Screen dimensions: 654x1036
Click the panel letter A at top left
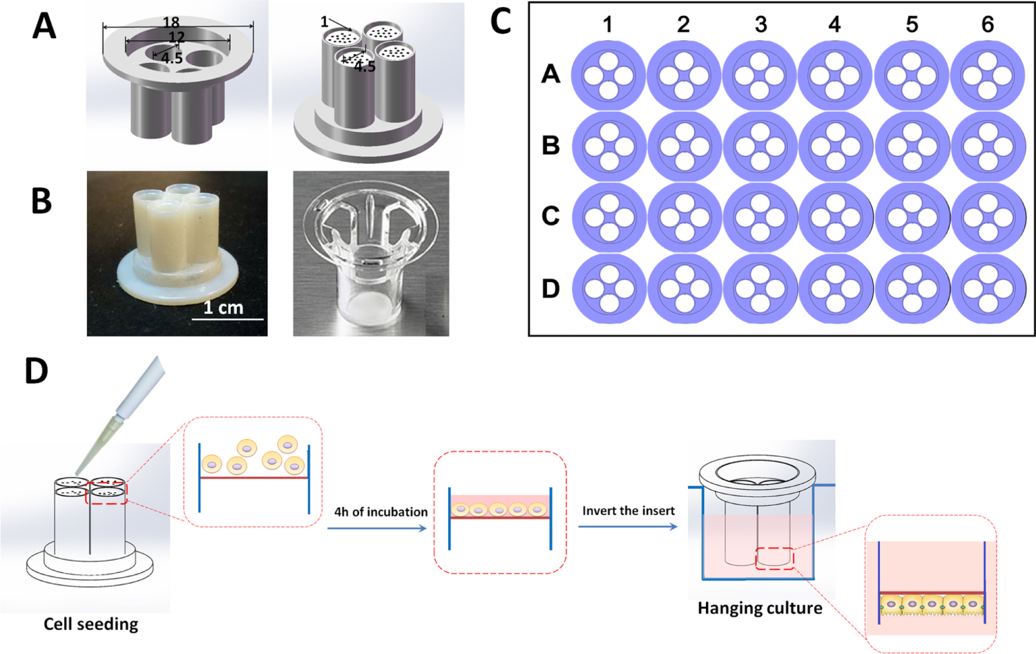point(44,26)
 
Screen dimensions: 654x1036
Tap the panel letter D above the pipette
point(36,371)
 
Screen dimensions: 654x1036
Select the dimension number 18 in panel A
point(171,23)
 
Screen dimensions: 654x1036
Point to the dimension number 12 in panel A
point(176,37)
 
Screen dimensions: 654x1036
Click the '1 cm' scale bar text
point(223,308)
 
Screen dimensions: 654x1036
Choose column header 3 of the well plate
point(760,25)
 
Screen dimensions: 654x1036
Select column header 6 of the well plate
point(988,25)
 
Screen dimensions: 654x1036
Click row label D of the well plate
point(550,288)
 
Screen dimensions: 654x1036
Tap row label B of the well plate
point(550,146)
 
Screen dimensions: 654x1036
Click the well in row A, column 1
point(608,75)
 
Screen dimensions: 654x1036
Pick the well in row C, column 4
point(836,217)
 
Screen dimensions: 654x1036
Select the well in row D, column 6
point(988,289)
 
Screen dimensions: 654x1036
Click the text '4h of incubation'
point(381,512)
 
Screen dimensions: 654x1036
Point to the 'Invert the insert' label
point(629,511)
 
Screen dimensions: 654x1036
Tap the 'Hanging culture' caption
point(760,608)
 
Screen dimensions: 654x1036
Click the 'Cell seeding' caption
point(90,624)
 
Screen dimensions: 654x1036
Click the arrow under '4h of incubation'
point(377,528)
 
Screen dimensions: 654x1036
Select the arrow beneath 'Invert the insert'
point(628,527)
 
